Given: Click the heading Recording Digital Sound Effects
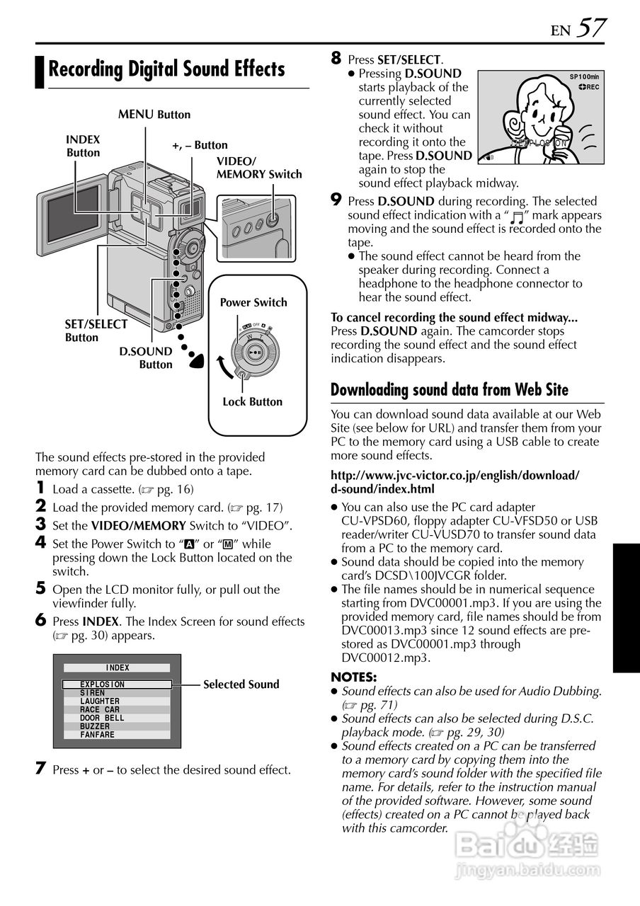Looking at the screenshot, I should pos(166,69).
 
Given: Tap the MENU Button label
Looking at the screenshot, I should pos(154,115).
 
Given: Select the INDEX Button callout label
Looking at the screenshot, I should pos(84,147).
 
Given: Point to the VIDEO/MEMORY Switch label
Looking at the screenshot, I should pos(259,168).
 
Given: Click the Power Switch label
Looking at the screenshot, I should pos(253,302).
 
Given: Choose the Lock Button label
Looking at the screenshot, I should pos(252,402).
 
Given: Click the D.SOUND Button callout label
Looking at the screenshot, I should pos(147,358).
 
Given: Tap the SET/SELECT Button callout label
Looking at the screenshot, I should pos(96,331).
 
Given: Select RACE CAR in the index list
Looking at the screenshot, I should pos(100,709).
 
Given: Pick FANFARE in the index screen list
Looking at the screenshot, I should pos(97,735).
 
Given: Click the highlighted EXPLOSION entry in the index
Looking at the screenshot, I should pos(103,684).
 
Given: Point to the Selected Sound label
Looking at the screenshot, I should pos(241,684).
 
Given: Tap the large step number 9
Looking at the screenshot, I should pos(337,201).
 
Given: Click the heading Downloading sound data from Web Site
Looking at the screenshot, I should pos(450,390).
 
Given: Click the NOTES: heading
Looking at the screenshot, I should pos(354,677).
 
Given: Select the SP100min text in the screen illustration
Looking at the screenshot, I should pos(584,76).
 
